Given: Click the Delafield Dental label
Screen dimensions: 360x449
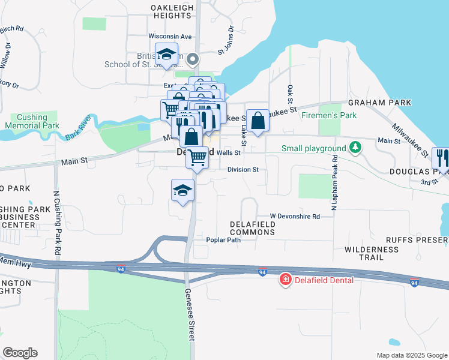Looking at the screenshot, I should (324, 280).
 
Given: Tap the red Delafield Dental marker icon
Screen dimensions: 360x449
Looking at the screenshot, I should (286, 280).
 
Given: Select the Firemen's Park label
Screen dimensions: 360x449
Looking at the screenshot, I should (329, 115).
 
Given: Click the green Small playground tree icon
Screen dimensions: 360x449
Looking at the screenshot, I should (356, 148).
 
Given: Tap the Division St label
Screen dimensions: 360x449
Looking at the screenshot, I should (243, 170).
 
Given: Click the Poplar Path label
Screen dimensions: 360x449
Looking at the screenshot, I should (223, 240).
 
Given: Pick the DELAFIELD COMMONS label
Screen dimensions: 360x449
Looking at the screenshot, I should (253, 228).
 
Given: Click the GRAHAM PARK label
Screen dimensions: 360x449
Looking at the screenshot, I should (382, 103).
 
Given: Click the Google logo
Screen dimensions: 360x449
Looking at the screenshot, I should (20, 353).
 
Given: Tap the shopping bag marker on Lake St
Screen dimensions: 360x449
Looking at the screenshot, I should (258, 121).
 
